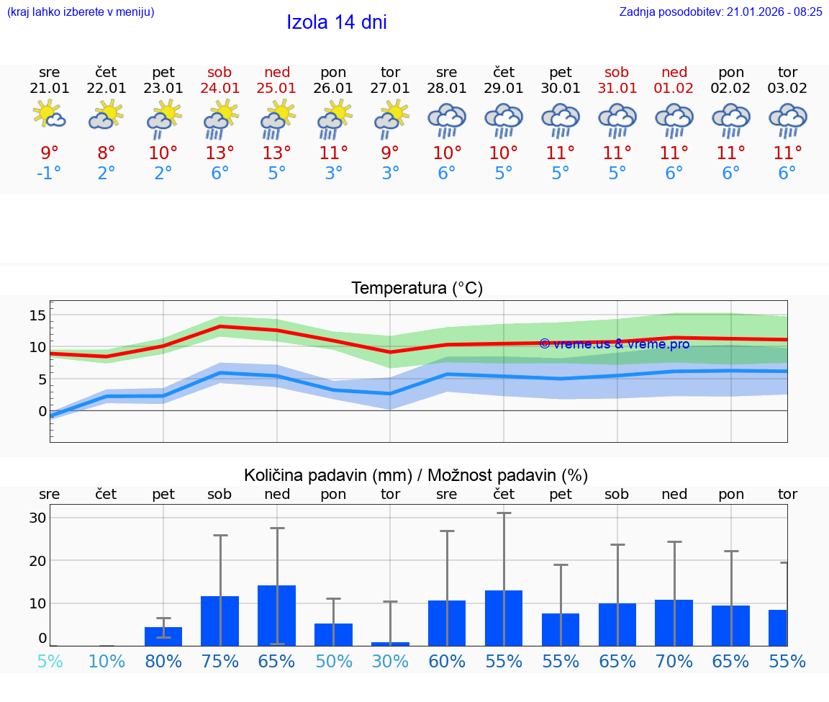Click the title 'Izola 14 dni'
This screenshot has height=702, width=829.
(x=336, y=22)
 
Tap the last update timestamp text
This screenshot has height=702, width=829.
(x=720, y=12)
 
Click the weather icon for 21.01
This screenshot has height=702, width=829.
(x=50, y=115)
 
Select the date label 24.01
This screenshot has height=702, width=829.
(x=220, y=88)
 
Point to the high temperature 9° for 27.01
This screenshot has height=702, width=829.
(x=390, y=153)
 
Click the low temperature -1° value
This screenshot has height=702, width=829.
(x=50, y=174)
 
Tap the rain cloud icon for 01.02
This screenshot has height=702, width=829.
(x=674, y=120)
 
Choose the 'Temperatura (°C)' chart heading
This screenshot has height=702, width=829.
(x=417, y=289)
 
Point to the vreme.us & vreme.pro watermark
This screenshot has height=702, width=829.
(x=614, y=344)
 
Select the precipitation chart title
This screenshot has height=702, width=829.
(x=416, y=475)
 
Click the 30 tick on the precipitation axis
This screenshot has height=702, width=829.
(x=37, y=518)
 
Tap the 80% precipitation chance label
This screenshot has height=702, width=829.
(x=163, y=661)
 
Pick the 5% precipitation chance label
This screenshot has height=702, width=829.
(x=50, y=661)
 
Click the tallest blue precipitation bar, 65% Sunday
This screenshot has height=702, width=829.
(x=277, y=616)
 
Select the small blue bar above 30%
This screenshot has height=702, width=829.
(x=390, y=644)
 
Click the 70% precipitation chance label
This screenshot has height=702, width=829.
(x=674, y=661)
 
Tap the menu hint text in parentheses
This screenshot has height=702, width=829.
(x=81, y=12)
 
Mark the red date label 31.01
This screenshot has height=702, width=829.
(x=617, y=88)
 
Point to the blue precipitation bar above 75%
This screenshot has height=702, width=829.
(x=220, y=621)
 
